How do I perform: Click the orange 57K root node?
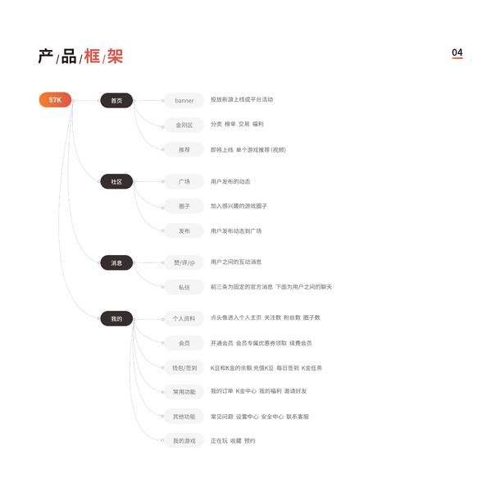point(55,100)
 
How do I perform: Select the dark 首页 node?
point(116,101)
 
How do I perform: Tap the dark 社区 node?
point(116,181)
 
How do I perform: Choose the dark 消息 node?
point(116,263)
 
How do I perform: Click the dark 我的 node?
point(116,319)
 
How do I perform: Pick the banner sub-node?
point(184,101)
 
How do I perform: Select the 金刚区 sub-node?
point(184,125)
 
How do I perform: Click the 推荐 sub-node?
point(184,150)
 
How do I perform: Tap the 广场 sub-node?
point(184,181)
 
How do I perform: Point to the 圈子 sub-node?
point(184,206)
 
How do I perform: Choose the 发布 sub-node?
point(184,231)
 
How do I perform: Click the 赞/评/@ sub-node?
point(184,263)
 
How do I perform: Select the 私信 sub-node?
point(184,288)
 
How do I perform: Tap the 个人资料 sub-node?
point(184,319)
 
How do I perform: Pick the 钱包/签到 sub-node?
point(184,368)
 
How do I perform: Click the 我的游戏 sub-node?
point(184,440)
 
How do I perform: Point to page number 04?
point(457,53)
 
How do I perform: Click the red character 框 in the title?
point(92,57)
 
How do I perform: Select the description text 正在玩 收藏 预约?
point(233,440)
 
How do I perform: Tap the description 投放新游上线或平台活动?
point(242,100)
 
